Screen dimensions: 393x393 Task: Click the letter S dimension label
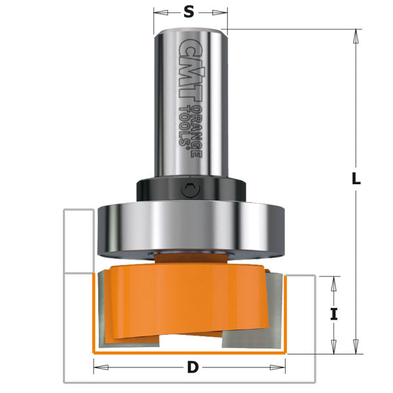[x=191, y=11]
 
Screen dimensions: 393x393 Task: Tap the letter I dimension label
[x=334, y=314]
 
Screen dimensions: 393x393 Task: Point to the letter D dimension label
[x=192, y=367]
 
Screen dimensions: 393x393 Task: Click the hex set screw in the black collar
[x=190, y=191]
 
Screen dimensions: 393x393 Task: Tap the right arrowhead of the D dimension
[x=285, y=368]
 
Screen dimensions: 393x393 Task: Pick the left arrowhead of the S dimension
[x=157, y=11]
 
